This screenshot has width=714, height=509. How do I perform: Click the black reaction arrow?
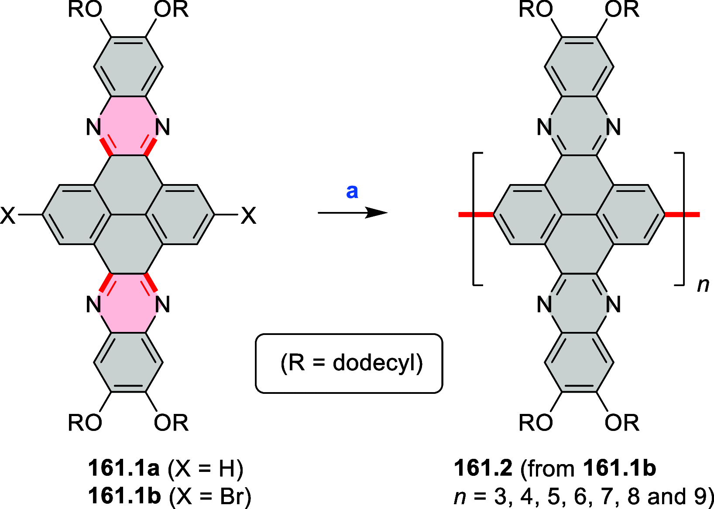point(352,213)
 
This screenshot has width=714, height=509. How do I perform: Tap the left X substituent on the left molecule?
point(8,215)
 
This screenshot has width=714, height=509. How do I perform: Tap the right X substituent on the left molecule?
point(248,215)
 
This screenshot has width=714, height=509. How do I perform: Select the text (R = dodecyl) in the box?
point(351,363)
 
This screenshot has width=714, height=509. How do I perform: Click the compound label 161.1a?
point(124,468)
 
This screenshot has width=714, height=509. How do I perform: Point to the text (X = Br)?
point(210,496)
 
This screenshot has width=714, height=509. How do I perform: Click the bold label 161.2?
point(483,468)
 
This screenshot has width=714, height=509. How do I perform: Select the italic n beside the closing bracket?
point(703,285)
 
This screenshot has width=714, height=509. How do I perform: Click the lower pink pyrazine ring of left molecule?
point(128,304)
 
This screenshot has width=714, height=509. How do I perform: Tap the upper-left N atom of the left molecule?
point(93,127)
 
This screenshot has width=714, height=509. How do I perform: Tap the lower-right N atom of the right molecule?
point(613,304)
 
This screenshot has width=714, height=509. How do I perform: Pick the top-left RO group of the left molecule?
point(85,10)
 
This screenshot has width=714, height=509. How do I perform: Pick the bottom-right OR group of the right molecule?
point(621,422)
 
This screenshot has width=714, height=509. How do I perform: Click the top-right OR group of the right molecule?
point(621,10)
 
